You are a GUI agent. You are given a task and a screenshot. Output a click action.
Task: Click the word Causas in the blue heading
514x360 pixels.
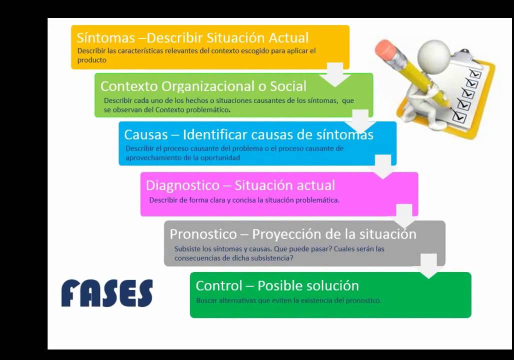(146, 134)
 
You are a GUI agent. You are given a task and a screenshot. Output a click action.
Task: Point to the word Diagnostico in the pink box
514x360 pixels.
(182, 185)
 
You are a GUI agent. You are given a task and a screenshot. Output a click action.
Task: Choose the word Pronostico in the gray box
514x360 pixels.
(203, 234)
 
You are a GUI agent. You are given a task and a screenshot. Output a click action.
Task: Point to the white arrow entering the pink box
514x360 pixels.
(383, 166)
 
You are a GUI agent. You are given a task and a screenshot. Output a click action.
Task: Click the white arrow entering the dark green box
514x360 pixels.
(429, 265)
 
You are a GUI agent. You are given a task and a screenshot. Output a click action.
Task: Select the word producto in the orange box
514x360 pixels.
(92, 60)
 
